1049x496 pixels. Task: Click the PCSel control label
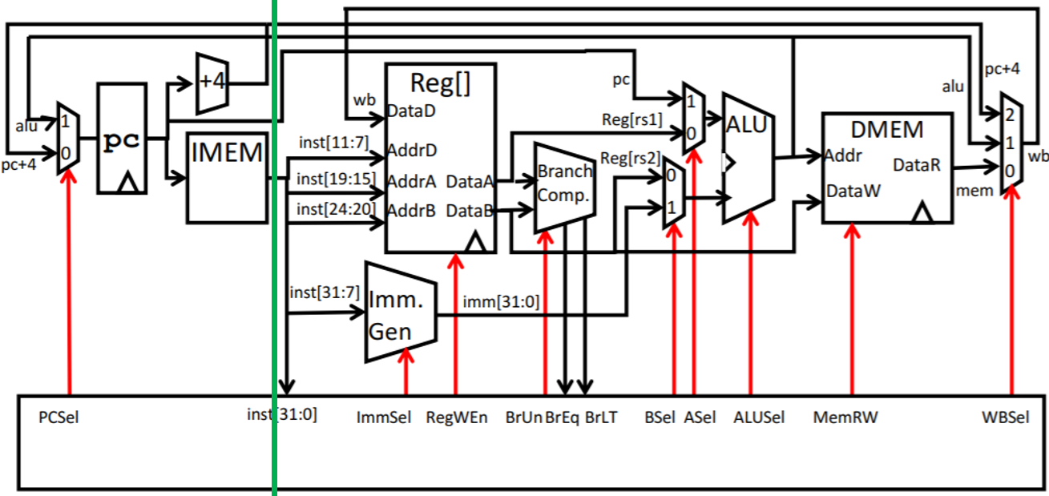(59, 417)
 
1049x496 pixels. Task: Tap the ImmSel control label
(381, 417)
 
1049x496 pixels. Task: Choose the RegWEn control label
(457, 417)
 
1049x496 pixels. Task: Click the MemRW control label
(839, 417)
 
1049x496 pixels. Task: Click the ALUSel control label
(759, 417)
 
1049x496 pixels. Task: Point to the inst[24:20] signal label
(331, 209)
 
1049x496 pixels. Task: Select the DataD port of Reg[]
(411, 111)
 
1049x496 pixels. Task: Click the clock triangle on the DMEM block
(923, 212)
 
